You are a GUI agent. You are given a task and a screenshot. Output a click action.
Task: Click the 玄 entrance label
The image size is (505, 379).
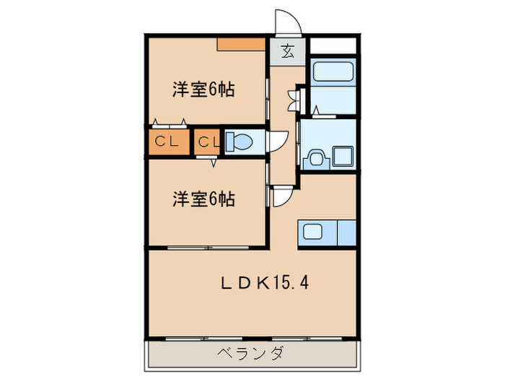287,52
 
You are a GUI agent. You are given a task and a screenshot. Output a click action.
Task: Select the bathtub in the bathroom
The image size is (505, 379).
332,72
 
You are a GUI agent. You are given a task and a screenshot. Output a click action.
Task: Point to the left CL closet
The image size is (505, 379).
168,142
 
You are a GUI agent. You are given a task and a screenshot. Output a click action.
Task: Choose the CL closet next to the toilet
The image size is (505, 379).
207,142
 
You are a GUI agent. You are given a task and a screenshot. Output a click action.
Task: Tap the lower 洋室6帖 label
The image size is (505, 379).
204,199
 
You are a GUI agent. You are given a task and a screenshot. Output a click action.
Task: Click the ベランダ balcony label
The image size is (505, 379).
251,353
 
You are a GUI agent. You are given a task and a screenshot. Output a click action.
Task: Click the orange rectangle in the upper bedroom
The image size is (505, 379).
242,45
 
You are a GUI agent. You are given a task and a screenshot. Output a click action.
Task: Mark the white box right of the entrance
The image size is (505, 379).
333,45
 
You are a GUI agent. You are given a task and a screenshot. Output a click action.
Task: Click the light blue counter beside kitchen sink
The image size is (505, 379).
347,233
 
